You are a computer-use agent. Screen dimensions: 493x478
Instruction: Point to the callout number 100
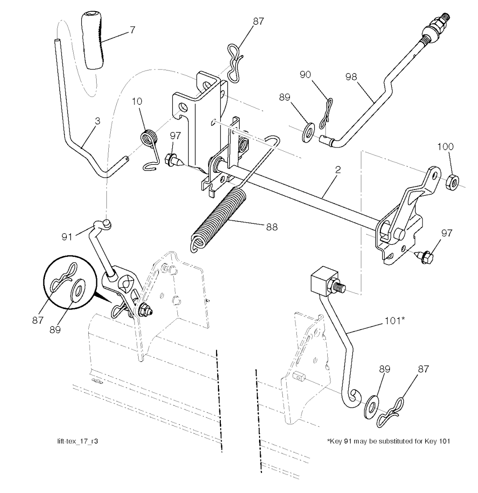[x=445, y=147]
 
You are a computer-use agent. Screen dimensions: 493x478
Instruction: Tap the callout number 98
[x=353, y=77]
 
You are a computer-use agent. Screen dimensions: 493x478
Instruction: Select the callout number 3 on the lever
[x=97, y=121]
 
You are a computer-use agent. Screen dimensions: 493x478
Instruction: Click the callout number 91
[x=67, y=236]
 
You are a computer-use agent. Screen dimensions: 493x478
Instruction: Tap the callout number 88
[x=271, y=228]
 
